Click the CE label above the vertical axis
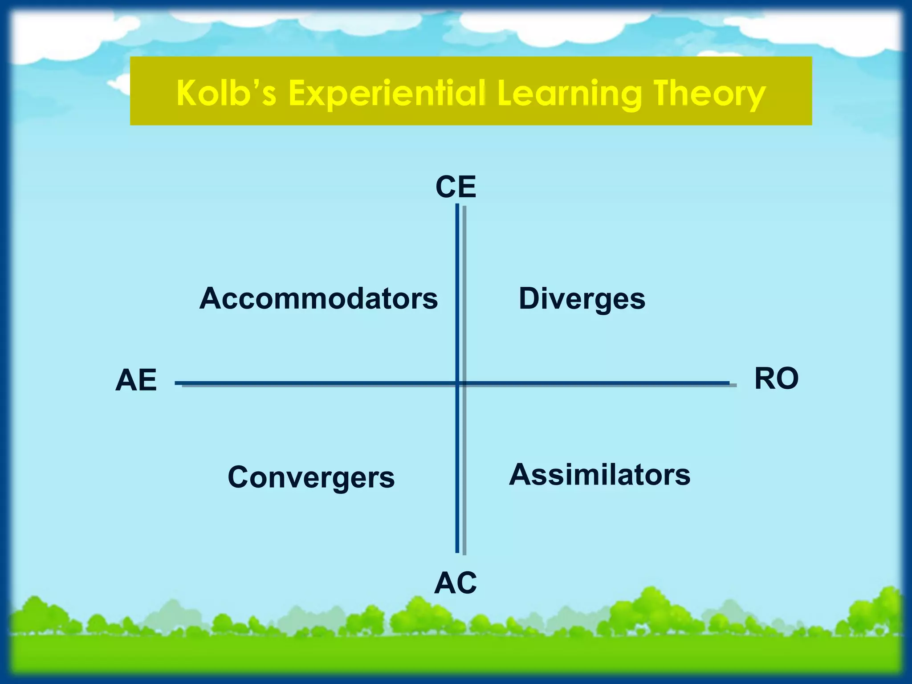[456, 187]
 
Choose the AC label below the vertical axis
[456, 583]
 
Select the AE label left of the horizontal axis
[136, 381]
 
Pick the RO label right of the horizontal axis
[776, 379]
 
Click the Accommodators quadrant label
[318, 298]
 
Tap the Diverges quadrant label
[582, 299]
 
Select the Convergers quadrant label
[311, 477]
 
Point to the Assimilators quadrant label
[599, 475]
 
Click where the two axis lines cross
[457, 383]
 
